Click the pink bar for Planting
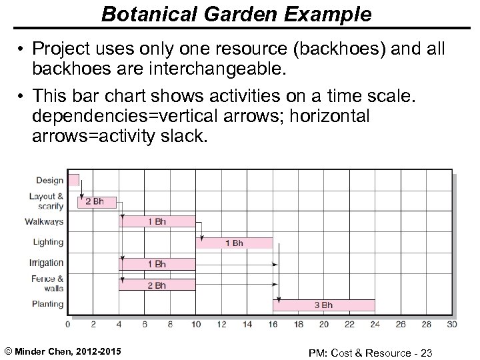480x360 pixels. pos(324,305)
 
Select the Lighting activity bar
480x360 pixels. pos(234,243)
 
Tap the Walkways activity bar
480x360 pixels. pos(157,221)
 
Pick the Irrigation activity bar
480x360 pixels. pos(157,264)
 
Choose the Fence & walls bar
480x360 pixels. pos(157,285)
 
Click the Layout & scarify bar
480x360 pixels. pos(97,201)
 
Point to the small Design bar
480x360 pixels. pos(73,179)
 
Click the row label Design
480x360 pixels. pos(50,180)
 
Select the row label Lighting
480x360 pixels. pos(48,242)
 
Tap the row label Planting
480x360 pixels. pos(47,304)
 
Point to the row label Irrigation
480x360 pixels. pos(47,263)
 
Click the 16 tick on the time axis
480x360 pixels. pos(273,325)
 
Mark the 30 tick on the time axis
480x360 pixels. pos(453,325)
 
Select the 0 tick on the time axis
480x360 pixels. pos(67,325)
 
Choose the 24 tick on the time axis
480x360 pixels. pos(375,325)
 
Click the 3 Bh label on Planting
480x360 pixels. pos(323,305)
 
